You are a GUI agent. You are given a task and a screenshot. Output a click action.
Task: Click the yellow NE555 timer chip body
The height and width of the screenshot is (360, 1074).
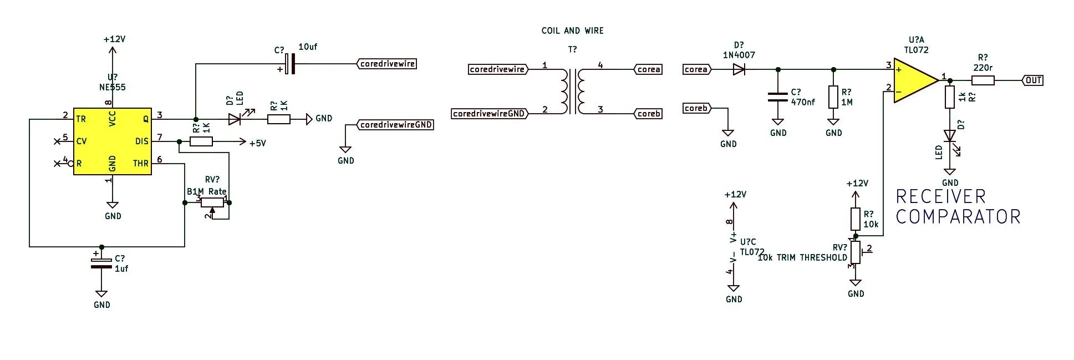click(x=113, y=141)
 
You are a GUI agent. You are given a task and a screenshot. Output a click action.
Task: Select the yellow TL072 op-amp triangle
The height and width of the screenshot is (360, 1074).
click(x=913, y=81)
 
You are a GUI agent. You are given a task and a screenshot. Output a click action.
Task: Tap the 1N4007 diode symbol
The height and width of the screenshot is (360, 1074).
click(x=739, y=69)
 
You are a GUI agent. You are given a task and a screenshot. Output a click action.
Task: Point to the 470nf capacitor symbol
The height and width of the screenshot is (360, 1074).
click(x=778, y=98)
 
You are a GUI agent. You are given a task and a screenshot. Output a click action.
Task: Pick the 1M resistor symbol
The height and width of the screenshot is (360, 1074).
click(x=833, y=97)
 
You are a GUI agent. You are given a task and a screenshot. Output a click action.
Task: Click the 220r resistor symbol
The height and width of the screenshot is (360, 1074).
click(x=983, y=80)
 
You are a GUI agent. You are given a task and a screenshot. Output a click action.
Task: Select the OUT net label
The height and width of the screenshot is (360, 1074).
click(x=1032, y=80)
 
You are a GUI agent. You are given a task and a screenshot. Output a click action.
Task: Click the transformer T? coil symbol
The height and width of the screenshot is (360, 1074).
click(x=573, y=92)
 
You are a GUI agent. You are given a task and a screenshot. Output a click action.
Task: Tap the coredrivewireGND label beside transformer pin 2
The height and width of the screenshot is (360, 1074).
click(x=488, y=114)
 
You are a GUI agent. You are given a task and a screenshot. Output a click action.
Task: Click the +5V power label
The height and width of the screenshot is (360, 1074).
click(x=257, y=143)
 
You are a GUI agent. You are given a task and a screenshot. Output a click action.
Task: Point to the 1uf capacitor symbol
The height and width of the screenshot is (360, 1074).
click(x=101, y=263)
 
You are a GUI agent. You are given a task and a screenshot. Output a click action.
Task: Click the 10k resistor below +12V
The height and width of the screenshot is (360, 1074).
click(x=856, y=219)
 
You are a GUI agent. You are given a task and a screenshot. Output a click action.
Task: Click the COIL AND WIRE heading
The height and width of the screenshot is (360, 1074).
click(x=572, y=31)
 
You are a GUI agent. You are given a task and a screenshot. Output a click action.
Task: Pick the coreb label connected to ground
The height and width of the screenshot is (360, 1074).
click(x=696, y=108)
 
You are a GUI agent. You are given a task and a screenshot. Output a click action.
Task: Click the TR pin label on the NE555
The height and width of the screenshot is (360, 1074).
click(x=81, y=119)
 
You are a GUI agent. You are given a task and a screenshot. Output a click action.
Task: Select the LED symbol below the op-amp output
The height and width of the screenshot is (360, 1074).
click(x=950, y=136)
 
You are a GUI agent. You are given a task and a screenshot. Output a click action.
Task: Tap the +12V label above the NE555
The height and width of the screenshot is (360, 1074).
click(x=114, y=39)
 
